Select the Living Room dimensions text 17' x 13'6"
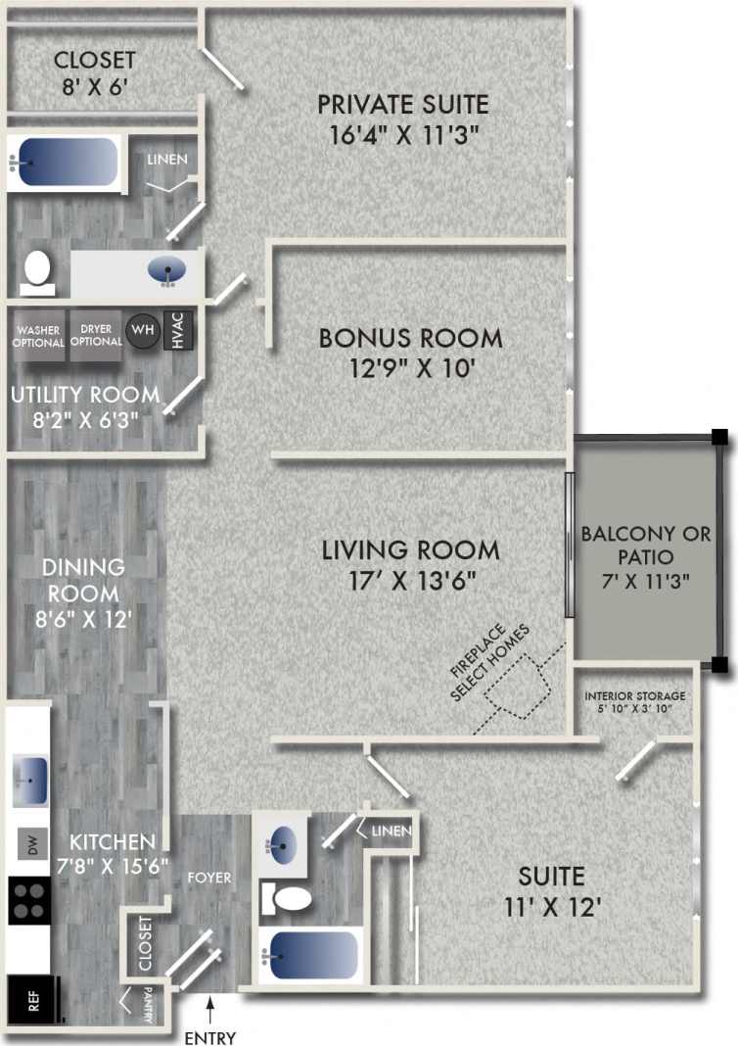coord(410,581)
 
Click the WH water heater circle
coord(143,330)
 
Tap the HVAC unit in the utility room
coord(178,330)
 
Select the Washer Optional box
coord(39,336)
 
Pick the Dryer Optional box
coord(96,336)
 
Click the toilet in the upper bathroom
coord(37,271)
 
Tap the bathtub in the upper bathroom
coord(64,162)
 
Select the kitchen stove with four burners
coord(29,900)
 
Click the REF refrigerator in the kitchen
coord(30,1001)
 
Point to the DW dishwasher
coord(30,845)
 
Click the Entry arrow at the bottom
coord(209,1009)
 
